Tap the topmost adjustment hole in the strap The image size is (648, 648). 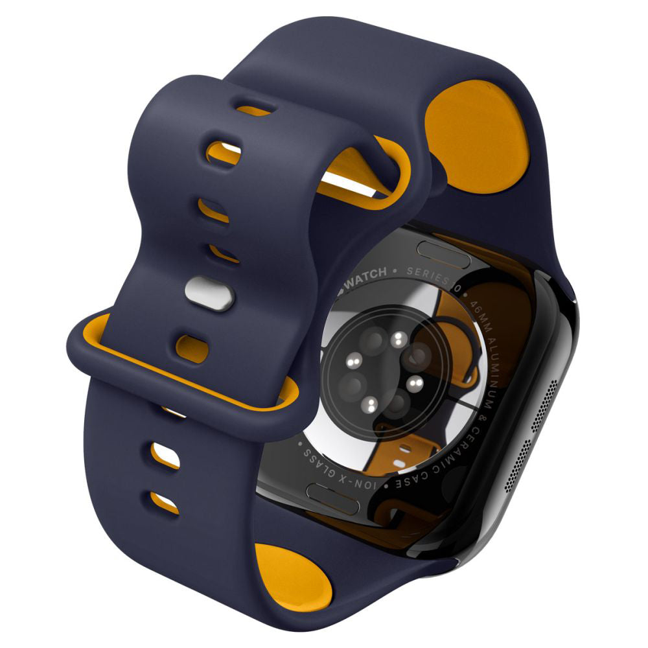pos(253,108)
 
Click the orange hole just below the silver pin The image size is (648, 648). pos(192,347)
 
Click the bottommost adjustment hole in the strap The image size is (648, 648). pos(165,502)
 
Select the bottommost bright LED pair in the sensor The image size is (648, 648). pos(369,406)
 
